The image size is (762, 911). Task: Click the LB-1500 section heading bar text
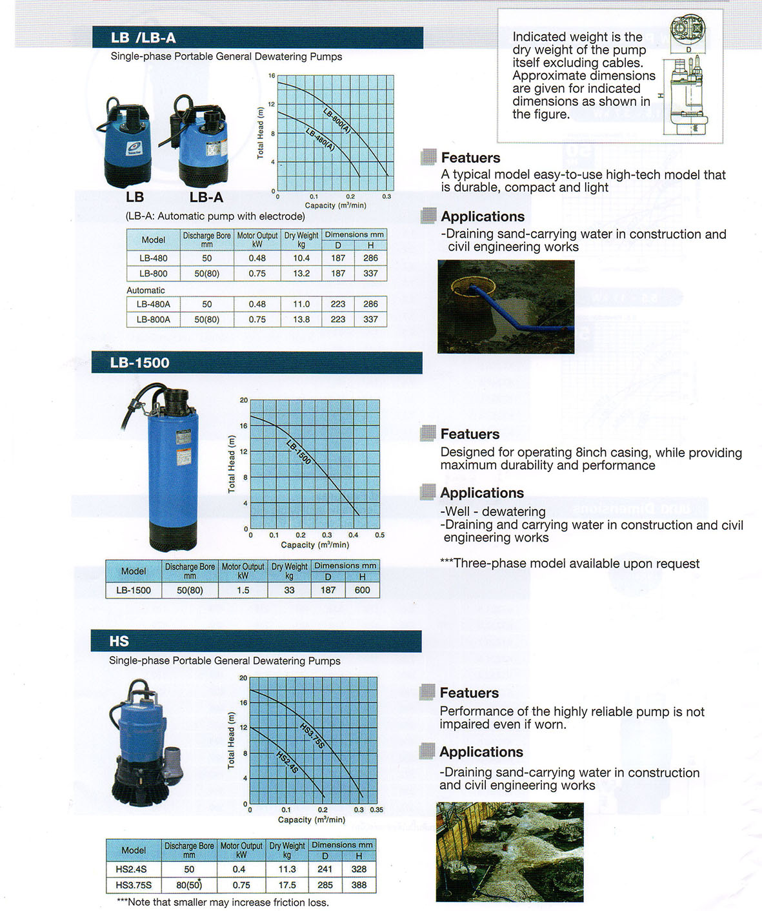(x=139, y=363)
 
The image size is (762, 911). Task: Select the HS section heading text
(x=119, y=641)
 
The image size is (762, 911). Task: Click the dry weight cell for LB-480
(x=301, y=258)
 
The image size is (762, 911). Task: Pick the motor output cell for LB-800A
(x=257, y=320)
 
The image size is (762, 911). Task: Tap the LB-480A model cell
(x=154, y=304)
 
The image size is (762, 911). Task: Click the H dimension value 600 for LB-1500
(x=362, y=590)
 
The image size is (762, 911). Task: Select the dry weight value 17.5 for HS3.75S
(x=287, y=885)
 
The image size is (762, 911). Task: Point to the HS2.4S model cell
(x=132, y=869)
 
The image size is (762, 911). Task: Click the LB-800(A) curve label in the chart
(x=337, y=120)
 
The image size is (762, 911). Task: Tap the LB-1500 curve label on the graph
(x=299, y=452)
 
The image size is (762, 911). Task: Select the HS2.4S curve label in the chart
(x=287, y=762)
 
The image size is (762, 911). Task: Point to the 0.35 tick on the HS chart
(x=376, y=810)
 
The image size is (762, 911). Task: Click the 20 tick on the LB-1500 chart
(x=244, y=400)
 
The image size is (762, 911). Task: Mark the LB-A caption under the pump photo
(x=206, y=198)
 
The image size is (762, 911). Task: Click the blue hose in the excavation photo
(x=510, y=311)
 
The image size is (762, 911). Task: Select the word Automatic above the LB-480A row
(x=146, y=291)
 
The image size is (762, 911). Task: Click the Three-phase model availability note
(x=570, y=564)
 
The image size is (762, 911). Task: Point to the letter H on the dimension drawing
(x=660, y=96)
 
